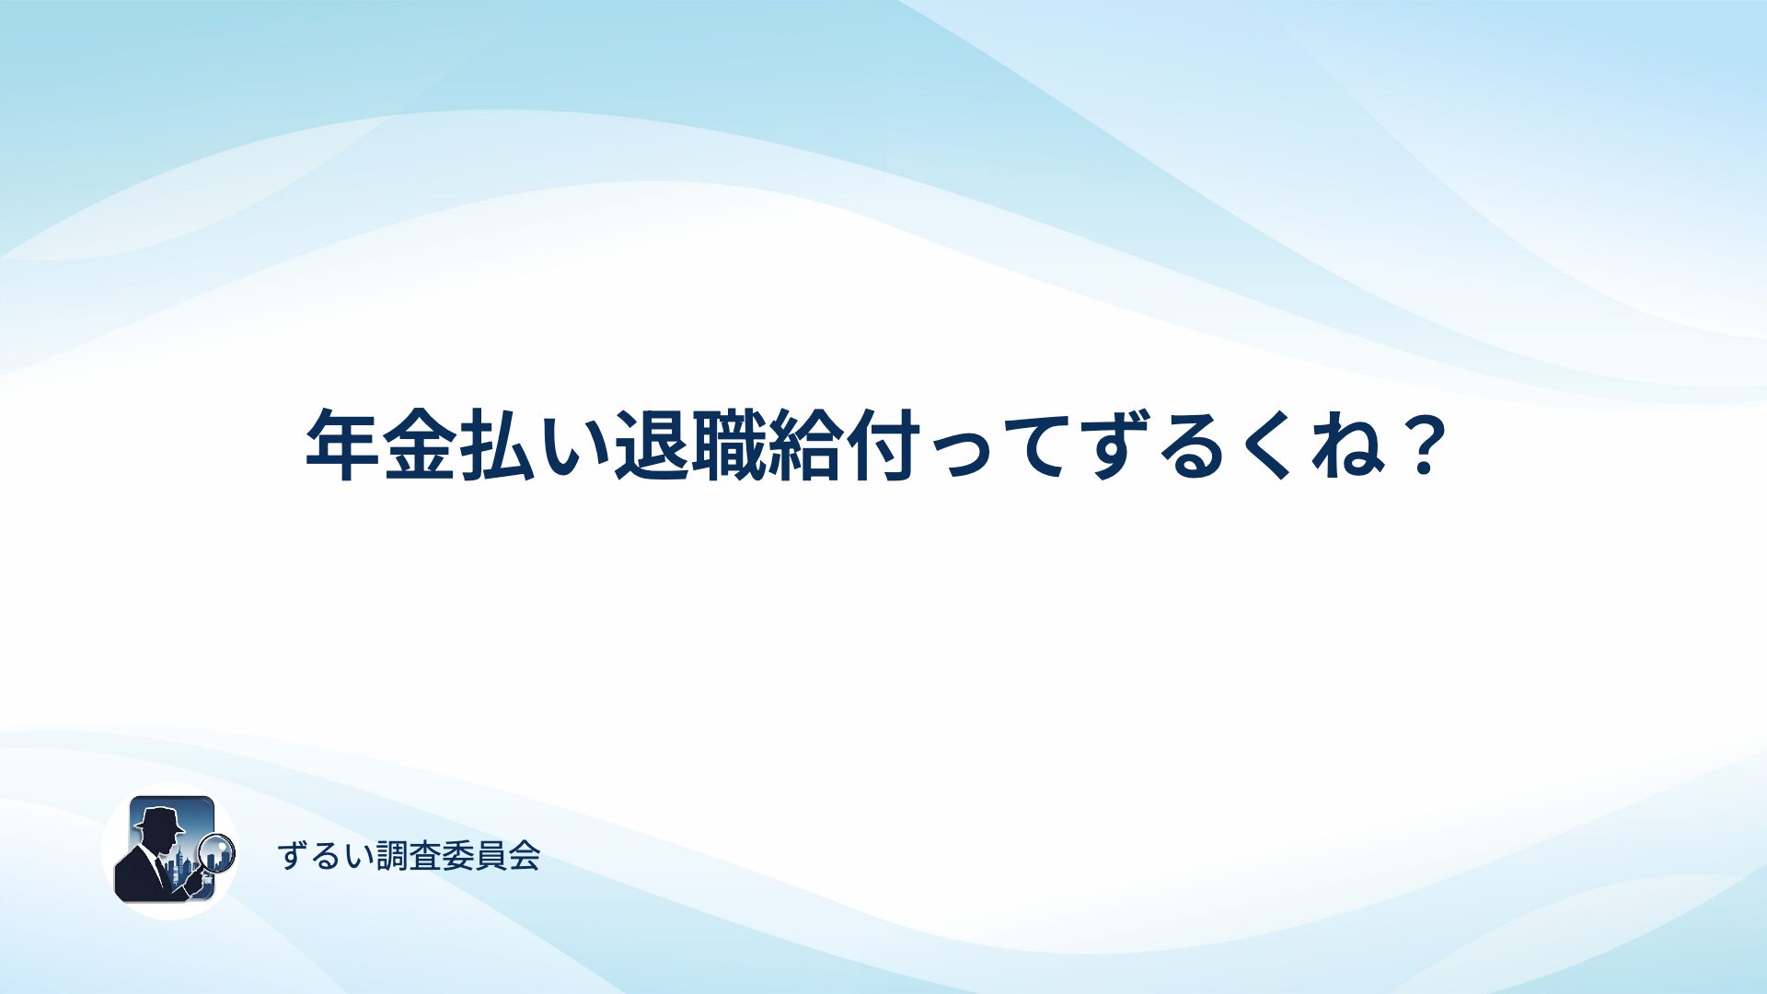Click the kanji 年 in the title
pyautogui.click(x=342, y=445)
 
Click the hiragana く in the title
pyautogui.click(x=1272, y=446)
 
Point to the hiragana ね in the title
pyautogui.click(x=1347, y=446)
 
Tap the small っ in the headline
pyautogui.click(x=963, y=455)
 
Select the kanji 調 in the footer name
pyautogui.click(x=392, y=856)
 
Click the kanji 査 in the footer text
pyautogui.click(x=425, y=856)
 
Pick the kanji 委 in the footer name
pyautogui.click(x=458, y=856)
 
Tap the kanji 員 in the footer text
pyautogui.click(x=491, y=856)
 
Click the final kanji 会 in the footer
pyautogui.click(x=525, y=856)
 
